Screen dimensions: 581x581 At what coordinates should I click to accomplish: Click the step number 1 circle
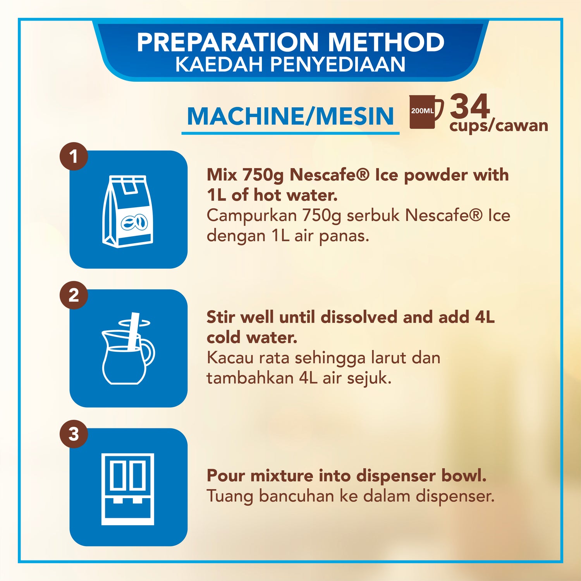74,157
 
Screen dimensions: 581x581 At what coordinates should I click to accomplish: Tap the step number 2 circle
74,295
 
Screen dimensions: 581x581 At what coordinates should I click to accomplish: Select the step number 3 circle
74,434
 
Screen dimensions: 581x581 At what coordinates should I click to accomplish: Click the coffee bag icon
127,211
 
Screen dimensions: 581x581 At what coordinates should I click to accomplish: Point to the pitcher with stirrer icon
128,349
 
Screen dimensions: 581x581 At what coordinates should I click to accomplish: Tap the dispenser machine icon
128,489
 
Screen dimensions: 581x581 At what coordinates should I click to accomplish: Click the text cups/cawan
498,125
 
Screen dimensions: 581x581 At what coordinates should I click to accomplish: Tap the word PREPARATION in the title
227,42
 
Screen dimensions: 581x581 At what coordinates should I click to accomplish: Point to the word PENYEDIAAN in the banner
338,64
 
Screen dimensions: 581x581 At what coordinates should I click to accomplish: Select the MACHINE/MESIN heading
290,116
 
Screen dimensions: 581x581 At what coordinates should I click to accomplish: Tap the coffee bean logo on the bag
134,223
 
